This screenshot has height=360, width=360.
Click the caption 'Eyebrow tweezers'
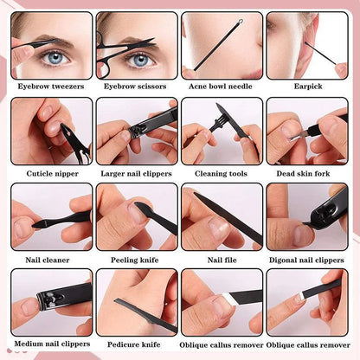[52, 87]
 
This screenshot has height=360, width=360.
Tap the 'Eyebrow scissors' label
[137, 87]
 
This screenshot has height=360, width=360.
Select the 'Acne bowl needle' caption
[222, 87]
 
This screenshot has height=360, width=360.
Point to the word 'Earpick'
[306, 87]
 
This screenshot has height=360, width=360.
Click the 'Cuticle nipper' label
[52, 172]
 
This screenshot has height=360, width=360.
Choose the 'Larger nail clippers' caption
[137, 172]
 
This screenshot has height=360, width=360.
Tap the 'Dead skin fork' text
[306, 172]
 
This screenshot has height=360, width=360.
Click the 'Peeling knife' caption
[137, 258]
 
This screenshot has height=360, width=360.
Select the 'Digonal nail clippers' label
[306, 258]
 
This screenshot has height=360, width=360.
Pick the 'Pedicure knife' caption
[137, 344]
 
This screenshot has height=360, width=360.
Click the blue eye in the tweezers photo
[56, 59]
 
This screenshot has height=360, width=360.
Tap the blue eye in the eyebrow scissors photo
[141, 60]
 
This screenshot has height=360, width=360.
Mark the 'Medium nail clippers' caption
[52, 344]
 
